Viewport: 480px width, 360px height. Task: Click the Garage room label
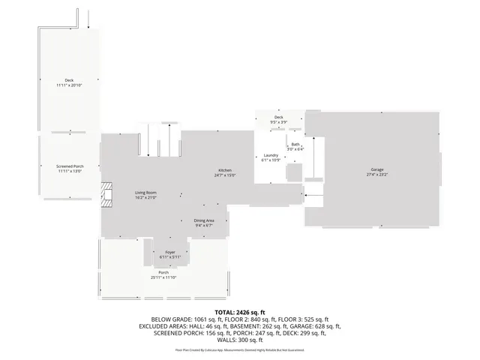tap(376, 170)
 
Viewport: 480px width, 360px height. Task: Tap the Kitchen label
tap(225, 171)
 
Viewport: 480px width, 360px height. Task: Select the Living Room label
tap(145, 193)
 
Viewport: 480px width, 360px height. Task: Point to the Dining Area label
tap(205, 220)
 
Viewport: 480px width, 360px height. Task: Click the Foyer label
tap(170, 253)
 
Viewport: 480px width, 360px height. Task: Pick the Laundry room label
tap(270, 155)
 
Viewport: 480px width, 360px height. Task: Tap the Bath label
tap(295, 145)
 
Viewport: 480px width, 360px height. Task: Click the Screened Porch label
tap(70, 166)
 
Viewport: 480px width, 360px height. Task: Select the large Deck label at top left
tap(69, 80)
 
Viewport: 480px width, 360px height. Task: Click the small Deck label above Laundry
tap(278, 118)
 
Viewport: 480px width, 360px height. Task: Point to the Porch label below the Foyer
tap(163, 273)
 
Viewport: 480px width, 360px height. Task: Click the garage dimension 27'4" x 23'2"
tap(376, 175)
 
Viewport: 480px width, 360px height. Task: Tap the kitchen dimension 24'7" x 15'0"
tap(226, 175)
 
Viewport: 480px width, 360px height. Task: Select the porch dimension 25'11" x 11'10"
tap(163, 277)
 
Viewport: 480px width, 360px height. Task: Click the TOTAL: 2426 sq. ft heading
tap(240, 311)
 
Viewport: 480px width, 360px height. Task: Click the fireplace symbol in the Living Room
tap(108, 194)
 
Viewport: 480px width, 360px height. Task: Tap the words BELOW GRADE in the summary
tap(172, 319)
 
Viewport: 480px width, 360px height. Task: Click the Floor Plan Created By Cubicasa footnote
tap(240, 349)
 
